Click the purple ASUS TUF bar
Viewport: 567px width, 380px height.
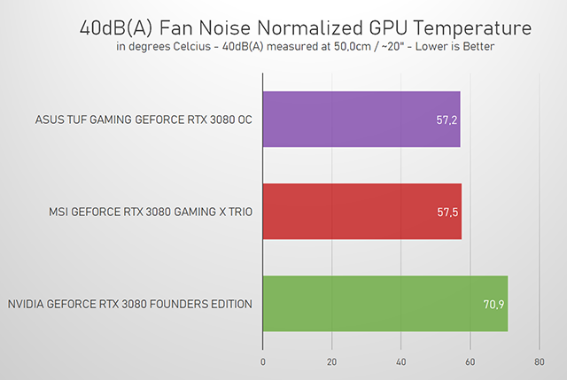pos(361,119)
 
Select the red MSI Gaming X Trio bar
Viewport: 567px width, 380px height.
pos(361,212)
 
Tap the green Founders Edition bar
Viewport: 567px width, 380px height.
pos(384,304)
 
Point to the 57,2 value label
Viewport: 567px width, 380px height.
pos(447,119)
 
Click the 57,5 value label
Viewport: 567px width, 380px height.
pos(448,213)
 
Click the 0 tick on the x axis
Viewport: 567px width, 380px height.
pos(263,361)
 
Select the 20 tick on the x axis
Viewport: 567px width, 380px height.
pos(332,361)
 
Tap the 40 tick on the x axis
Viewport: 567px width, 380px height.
pos(401,361)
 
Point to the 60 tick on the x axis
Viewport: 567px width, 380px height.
pos(470,361)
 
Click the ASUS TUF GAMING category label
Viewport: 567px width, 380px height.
pos(144,120)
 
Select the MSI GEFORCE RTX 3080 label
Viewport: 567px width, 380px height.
pos(151,213)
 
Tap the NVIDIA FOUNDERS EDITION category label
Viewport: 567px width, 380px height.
pos(129,305)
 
